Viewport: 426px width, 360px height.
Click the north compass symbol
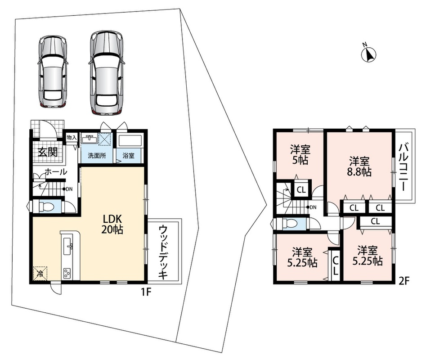pos(369,54)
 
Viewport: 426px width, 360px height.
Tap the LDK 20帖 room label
pos(112,224)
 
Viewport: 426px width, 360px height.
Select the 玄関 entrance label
pos(48,152)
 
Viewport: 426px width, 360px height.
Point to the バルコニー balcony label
pos(403,168)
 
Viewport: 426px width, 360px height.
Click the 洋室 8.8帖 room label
pos(359,166)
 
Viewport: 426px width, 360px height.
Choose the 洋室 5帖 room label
pos(300,155)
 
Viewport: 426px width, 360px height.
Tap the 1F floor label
pos(145,292)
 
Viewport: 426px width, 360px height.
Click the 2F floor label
pos(404,281)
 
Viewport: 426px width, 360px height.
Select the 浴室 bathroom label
pos(128,156)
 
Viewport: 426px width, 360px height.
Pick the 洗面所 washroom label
pos(97,156)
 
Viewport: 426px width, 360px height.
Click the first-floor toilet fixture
pos(46,206)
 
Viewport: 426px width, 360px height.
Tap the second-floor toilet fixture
pos(290,223)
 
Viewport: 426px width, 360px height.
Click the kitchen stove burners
pos(67,273)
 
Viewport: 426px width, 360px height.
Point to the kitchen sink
pos(67,246)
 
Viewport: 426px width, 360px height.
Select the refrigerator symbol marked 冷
pos(40,273)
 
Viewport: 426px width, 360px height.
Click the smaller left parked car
pos(53,72)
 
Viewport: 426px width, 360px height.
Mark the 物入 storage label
pos(72,138)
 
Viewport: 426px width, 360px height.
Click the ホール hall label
pos(56,172)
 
